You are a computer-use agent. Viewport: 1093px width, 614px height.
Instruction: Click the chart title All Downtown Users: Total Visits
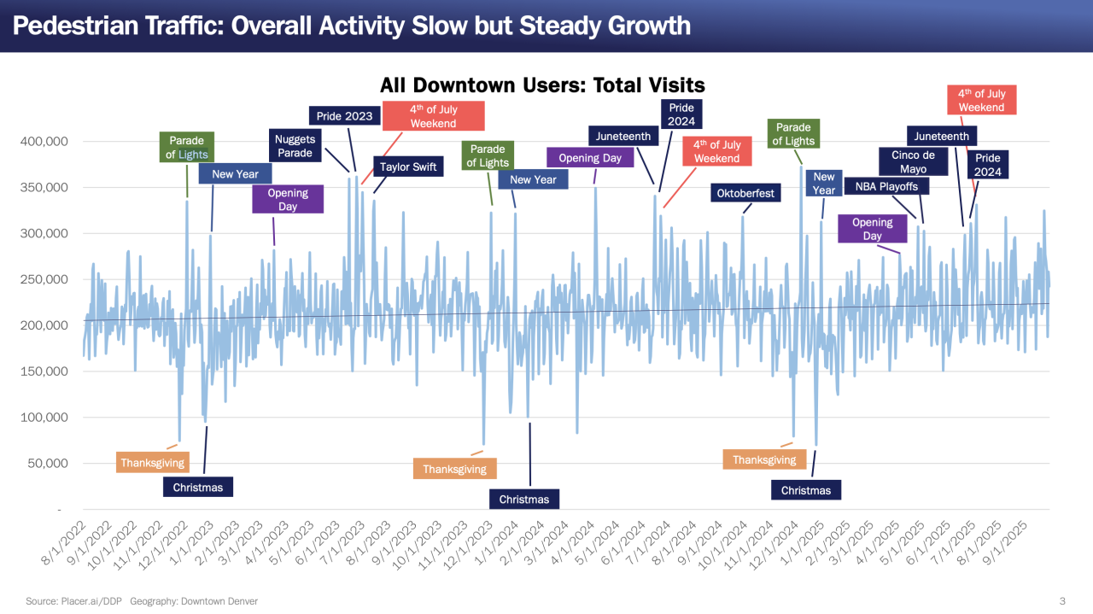542,85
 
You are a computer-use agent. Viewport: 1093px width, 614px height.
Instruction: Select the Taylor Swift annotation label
407,167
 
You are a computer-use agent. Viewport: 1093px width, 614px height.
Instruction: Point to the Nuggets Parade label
295,145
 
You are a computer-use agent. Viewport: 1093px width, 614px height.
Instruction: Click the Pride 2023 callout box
344,115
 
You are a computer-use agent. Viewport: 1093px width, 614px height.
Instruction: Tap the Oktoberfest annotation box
745,193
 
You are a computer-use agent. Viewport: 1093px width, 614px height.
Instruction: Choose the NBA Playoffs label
886,185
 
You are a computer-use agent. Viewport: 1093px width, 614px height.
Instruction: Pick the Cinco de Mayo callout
913,161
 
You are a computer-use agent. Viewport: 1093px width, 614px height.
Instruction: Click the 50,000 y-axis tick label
46,464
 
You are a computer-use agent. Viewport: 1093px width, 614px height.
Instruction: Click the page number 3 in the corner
1062,601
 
